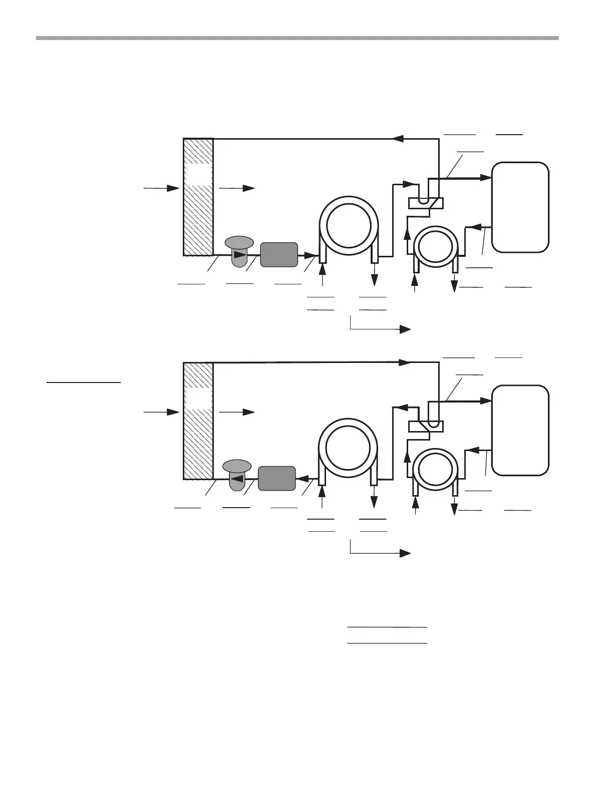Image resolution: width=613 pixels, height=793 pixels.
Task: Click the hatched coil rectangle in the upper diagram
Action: [x=198, y=197]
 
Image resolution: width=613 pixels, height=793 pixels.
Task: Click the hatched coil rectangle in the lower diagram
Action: [x=198, y=420]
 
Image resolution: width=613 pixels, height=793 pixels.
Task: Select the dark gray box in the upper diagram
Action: [x=279, y=255]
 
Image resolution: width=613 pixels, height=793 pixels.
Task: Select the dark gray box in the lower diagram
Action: [x=276, y=478]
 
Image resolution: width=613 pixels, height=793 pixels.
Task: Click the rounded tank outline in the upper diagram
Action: [x=520, y=207]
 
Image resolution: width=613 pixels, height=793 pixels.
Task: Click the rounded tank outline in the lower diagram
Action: [x=520, y=430]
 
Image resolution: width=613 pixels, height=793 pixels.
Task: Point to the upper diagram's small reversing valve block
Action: [x=425, y=203]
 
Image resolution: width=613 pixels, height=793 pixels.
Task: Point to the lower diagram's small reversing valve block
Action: [x=425, y=426]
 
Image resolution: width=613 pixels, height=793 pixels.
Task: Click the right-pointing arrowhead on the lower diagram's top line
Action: [x=405, y=361]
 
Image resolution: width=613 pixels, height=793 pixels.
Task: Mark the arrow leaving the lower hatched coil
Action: [x=237, y=412]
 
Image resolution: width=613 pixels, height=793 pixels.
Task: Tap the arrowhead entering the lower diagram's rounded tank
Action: [x=484, y=401]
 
